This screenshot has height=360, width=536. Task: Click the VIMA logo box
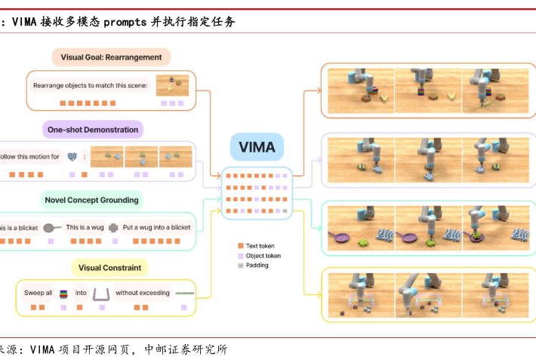click(257, 148)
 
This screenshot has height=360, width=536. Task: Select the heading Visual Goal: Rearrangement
click(111, 57)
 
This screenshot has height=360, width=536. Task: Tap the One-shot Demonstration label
click(93, 130)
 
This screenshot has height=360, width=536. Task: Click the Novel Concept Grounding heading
click(91, 200)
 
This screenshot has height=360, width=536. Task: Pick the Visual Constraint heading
click(109, 267)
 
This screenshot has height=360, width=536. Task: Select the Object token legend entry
click(265, 256)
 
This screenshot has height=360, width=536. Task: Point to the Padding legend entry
click(257, 266)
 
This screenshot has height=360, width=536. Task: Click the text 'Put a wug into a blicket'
click(157, 227)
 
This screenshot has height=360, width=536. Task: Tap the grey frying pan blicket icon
click(52, 227)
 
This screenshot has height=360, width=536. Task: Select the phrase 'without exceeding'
click(143, 293)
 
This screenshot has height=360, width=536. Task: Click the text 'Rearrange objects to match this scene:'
click(90, 85)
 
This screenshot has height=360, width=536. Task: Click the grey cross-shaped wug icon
click(113, 227)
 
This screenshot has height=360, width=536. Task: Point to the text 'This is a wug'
click(85, 227)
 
